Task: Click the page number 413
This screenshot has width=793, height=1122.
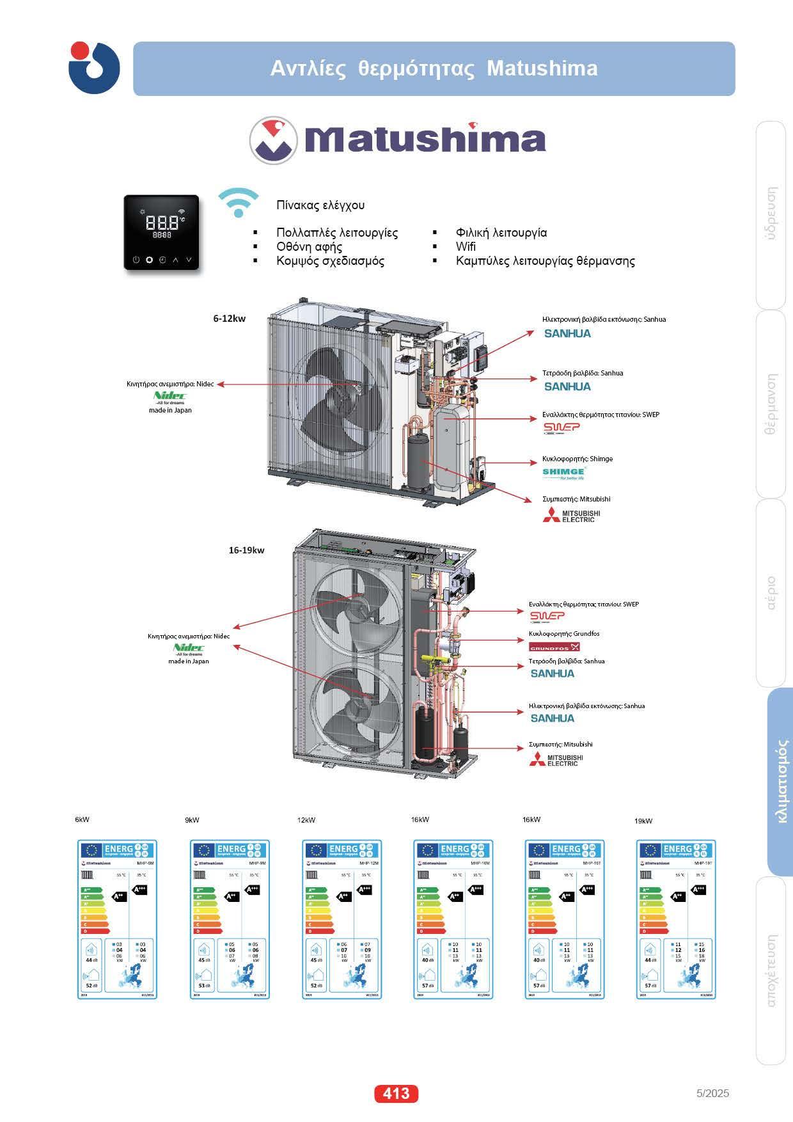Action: pyautogui.click(x=396, y=1093)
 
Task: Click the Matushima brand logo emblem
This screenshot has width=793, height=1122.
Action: pyautogui.click(x=274, y=140)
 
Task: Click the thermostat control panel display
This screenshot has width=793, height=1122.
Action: pyautogui.click(x=161, y=232)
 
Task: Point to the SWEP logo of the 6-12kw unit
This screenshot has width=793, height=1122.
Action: pyautogui.click(x=561, y=427)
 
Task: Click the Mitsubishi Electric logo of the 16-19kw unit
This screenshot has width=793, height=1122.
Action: pyautogui.click(x=556, y=759)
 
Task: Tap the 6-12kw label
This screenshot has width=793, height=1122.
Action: pyautogui.click(x=229, y=318)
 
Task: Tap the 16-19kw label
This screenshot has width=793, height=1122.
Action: pyautogui.click(x=246, y=550)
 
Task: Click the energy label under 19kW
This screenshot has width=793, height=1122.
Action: pyautogui.click(x=676, y=919)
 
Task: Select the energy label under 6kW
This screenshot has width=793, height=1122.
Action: pyautogui.click(x=117, y=919)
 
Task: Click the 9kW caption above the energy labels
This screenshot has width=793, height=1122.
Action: pyautogui.click(x=192, y=820)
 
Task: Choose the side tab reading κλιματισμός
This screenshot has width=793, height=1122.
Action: pyautogui.click(x=780, y=782)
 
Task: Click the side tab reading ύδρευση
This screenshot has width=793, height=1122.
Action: pyautogui.click(x=771, y=214)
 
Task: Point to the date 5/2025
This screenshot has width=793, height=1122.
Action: pyautogui.click(x=712, y=1093)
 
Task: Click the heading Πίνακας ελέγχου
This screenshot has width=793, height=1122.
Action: pyautogui.click(x=320, y=205)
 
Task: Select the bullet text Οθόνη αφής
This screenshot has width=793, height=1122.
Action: pyautogui.click(x=309, y=247)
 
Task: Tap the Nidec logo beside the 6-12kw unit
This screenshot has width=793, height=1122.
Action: pyautogui.click(x=170, y=396)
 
